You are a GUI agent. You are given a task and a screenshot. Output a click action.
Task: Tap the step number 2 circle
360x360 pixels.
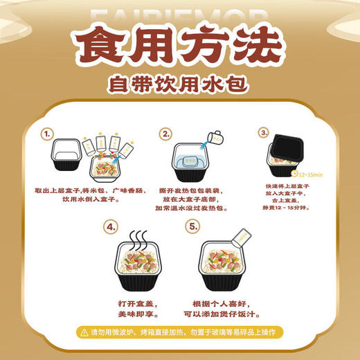[165, 133]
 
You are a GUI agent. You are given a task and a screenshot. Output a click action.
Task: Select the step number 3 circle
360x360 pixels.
[263, 132]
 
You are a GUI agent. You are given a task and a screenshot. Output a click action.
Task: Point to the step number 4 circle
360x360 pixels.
[110, 226]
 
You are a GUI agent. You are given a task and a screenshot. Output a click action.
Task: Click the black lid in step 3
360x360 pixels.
[290, 144]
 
